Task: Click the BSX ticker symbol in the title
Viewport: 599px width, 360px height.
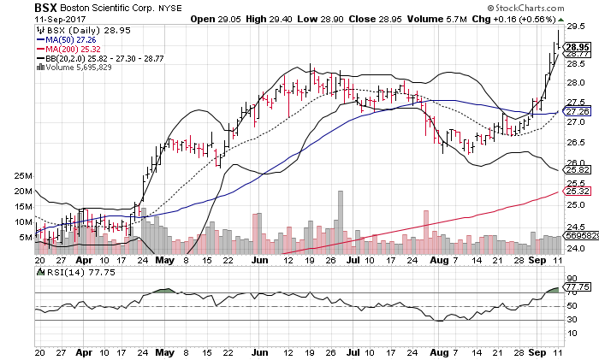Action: (x=47, y=7)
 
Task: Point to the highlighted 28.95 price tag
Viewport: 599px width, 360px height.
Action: (x=578, y=46)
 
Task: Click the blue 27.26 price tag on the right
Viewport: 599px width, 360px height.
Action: (x=578, y=111)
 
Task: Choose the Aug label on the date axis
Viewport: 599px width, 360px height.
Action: (x=437, y=257)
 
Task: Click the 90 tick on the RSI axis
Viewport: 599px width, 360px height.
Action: (x=572, y=280)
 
